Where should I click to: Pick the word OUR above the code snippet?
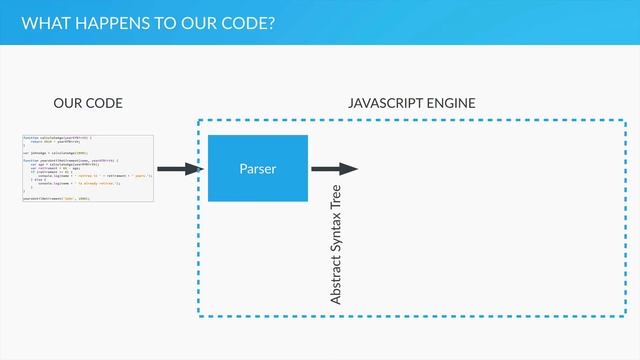[x=68, y=102]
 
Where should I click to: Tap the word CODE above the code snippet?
[x=105, y=102]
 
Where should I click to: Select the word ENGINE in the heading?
[x=451, y=102]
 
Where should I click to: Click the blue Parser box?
[x=257, y=168]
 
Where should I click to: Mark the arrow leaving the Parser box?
[x=335, y=169]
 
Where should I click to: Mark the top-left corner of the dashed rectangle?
[x=198, y=121]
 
